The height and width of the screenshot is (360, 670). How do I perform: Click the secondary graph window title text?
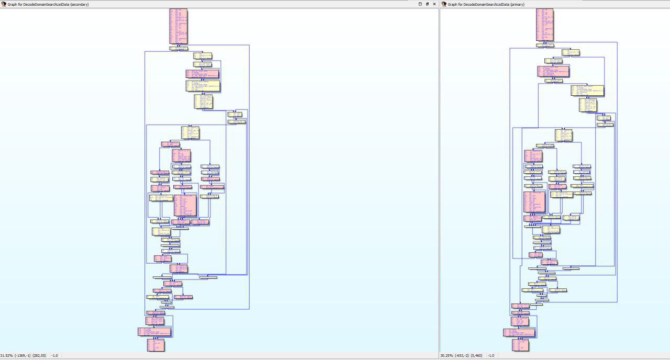[48, 4]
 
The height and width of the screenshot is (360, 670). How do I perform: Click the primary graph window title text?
[486, 4]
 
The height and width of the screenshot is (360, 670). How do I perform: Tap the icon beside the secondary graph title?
[4, 4]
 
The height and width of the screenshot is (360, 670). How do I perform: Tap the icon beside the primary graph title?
[444, 4]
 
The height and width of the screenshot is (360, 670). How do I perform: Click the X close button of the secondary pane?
[434, 4]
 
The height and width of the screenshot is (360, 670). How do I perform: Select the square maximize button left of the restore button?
[420, 4]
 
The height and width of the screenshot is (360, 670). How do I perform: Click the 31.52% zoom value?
[6, 356]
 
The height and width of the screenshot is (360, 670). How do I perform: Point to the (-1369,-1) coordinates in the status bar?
[23, 356]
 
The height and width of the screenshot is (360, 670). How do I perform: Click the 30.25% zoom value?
[446, 356]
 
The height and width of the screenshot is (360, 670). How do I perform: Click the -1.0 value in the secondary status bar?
[54, 356]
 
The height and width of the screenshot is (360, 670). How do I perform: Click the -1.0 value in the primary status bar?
[491, 356]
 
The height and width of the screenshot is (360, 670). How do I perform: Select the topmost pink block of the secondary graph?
[178, 26]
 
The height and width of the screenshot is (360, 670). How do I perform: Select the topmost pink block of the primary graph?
[544, 25]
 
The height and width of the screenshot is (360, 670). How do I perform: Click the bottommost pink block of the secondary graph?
[155, 345]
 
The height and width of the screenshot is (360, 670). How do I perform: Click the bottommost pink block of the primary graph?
[520, 345]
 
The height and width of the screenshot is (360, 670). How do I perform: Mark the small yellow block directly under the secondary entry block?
[178, 48]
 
